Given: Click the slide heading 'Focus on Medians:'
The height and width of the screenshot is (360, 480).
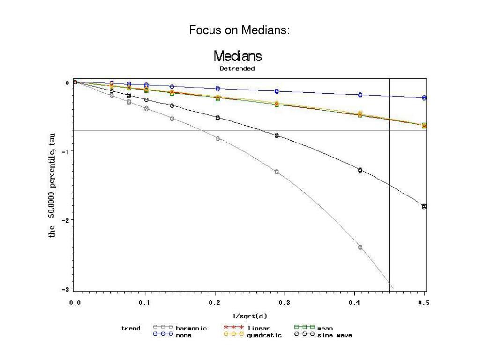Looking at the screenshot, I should pyautogui.click(x=240, y=31).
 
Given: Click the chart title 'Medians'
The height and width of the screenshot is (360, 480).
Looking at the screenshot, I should pyautogui.click(x=238, y=57).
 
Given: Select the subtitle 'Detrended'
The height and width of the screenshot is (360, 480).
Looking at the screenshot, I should pyautogui.click(x=238, y=68).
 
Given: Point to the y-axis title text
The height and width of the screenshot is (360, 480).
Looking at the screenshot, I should pyautogui.click(x=53, y=185).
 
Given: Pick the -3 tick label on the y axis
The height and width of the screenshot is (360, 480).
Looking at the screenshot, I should pyautogui.click(x=67, y=289).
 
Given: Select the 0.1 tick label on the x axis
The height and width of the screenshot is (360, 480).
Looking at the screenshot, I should pyautogui.click(x=144, y=302).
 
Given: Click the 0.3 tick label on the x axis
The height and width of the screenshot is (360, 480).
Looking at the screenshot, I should pyautogui.click(x=285, y=302).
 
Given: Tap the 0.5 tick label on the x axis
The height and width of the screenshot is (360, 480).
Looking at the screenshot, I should pyautogui.click(x=423, y=302).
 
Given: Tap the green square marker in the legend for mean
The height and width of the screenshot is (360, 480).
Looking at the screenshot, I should pyautogui.click(x=304, y=328).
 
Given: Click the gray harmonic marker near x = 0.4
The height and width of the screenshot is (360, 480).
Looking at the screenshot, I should pyautogui.click(x=360, y=247).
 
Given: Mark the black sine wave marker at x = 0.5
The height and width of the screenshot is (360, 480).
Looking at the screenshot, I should pyautogui.click(x=424, y=206).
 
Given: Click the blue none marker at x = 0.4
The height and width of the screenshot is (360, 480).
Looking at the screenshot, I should pyautogui.click(x=360, y=95).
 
